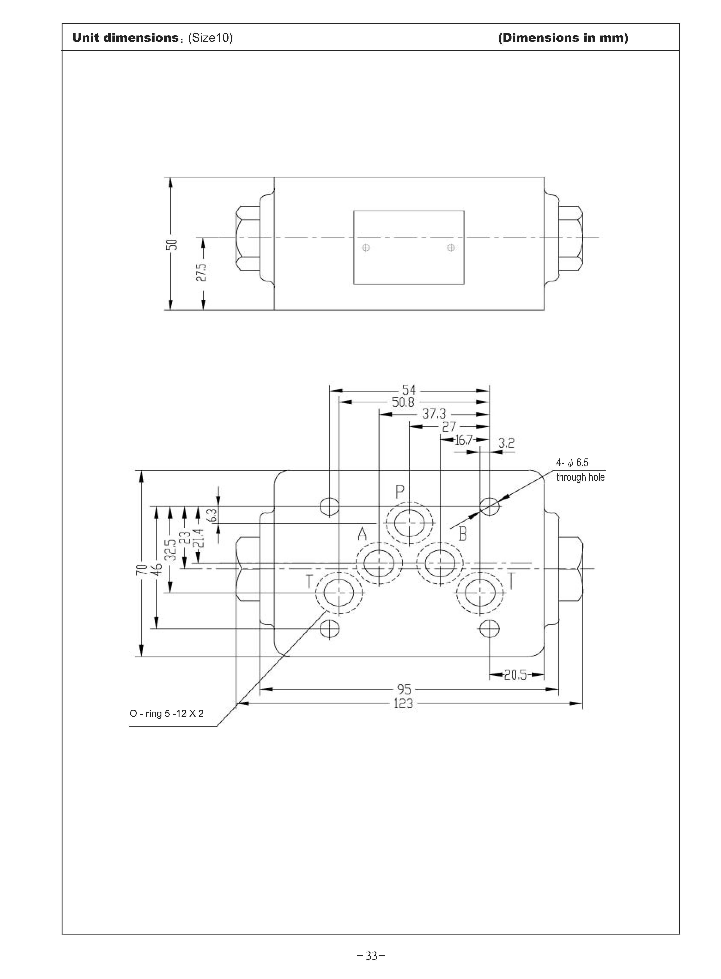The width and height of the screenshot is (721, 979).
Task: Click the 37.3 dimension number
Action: pos(434,414)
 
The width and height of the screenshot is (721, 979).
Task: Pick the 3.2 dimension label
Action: pos(506,443)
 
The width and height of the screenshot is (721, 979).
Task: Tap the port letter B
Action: pos(463,534)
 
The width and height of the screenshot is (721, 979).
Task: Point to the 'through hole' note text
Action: pos(580,477)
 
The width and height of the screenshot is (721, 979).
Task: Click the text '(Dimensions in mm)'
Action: pos(563,38)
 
